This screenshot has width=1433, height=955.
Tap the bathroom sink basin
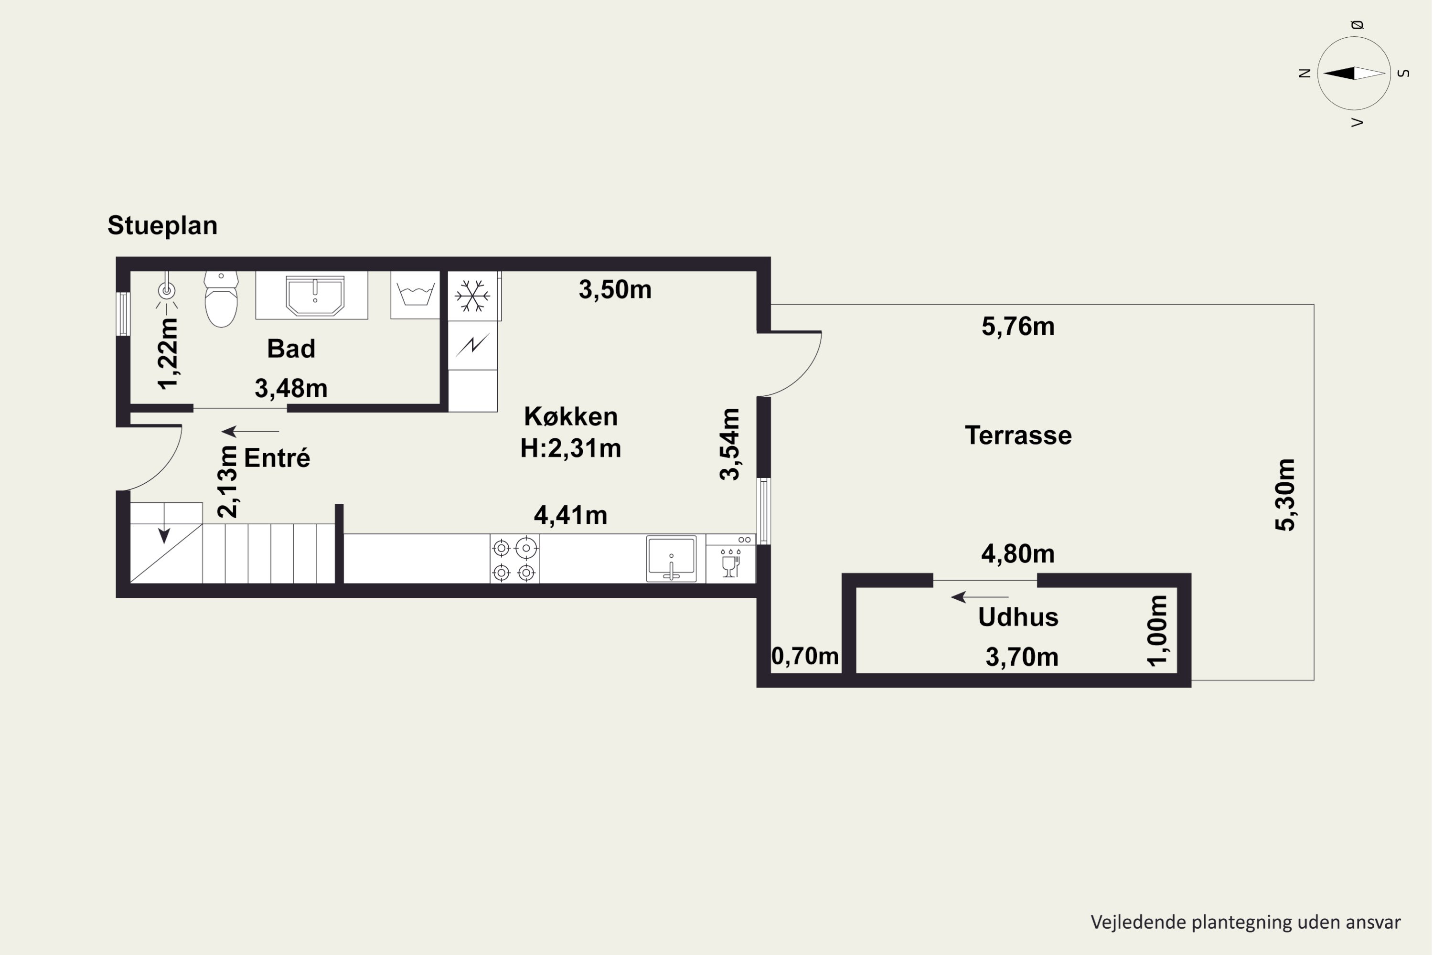(x=315, y=296)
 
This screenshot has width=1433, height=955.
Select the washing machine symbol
(x=416, y=295)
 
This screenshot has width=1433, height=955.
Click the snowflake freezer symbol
(x=473, y=296)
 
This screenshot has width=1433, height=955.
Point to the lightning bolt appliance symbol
(x=473, y=345)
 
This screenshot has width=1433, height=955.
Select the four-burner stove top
(x=514, y=559)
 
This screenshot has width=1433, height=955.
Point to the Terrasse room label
(x=1018, y=435)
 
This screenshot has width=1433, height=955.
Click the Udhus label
(x=1018, y=617)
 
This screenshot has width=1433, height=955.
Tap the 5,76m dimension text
(x=1018, y=327)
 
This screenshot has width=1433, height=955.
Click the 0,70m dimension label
(x=805, y=656)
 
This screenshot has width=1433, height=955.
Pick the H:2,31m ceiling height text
(x=571, y=448)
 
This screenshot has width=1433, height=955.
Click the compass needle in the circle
(x=1354, y=74)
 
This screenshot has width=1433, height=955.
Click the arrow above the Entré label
(x=250, y=431)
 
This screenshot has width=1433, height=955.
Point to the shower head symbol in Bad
(x=166, y=291)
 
